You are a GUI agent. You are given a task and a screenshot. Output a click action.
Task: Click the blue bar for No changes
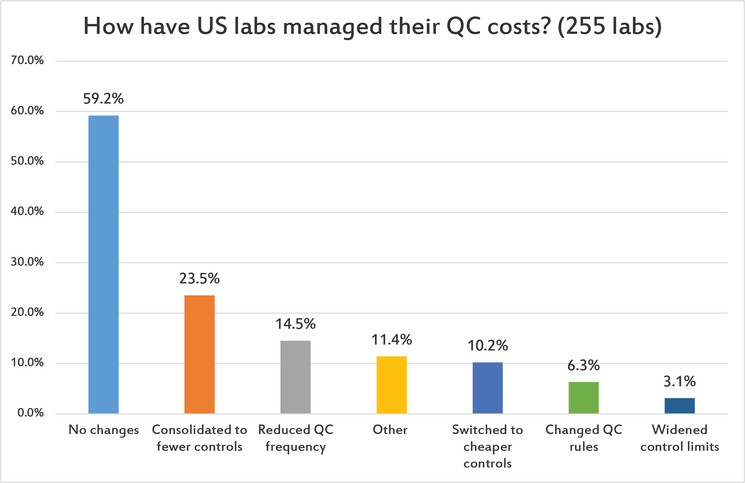pos(103,264)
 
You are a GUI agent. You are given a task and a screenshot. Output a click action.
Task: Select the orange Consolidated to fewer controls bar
pos(199,354)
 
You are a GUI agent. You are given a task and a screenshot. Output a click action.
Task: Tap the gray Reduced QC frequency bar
pos(295,377)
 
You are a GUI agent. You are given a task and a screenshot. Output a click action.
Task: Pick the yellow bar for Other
pos(391,385)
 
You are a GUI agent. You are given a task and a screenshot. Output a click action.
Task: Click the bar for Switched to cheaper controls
pos(487,388)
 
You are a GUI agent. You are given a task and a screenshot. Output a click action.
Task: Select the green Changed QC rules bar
pos(583,398)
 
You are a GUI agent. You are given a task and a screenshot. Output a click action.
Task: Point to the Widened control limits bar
pos(679,405)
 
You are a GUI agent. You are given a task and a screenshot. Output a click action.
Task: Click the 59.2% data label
pos(103,99)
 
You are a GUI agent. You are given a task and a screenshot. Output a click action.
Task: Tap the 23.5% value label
pos(199,278)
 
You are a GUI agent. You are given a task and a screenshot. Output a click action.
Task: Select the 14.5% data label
pos(295,324)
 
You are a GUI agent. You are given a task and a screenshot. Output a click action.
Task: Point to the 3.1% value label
pos(679,381)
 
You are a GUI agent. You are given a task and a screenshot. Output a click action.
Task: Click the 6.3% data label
pos(583,365)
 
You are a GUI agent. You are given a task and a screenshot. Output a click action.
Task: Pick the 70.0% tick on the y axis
pos(27,60)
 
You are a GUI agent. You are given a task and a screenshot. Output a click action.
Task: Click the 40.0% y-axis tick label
pos(27,211)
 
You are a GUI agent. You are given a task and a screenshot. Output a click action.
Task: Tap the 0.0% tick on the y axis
pos(30,413)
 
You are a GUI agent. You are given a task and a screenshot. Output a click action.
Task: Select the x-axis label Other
pos(390,430)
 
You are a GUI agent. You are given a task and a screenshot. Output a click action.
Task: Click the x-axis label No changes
pos(104,430)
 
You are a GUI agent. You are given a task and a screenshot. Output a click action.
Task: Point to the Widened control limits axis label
pos(679,438)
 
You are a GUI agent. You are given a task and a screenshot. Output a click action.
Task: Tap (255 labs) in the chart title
pos(610,26)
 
